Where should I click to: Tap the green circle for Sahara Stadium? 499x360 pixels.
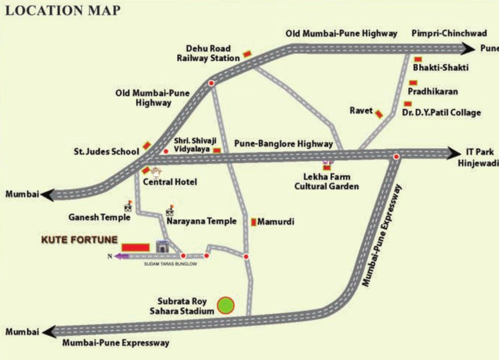226,305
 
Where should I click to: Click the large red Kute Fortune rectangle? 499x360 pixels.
136,247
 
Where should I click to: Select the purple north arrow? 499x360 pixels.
120,256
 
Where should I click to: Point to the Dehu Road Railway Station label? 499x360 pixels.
209,53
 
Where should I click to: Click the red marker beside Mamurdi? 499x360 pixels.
254,221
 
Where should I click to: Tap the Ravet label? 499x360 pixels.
361,111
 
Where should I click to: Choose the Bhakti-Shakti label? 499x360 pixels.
441,67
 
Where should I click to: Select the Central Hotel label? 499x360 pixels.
170,182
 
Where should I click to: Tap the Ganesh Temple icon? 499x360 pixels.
128,206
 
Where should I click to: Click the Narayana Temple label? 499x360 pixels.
202,221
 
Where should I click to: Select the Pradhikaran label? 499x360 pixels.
433,92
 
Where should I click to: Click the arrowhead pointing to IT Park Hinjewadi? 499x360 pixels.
454,153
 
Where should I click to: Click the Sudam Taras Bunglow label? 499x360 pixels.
170,264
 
